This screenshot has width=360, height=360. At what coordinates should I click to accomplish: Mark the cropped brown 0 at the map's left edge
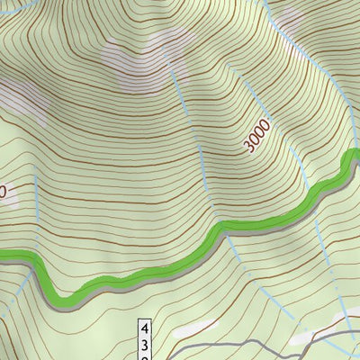click(x=3, y=191)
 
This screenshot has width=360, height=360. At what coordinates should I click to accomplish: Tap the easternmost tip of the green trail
click(x=355, y=155)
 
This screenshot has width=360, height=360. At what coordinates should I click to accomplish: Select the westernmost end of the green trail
click(x=3, y=256)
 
